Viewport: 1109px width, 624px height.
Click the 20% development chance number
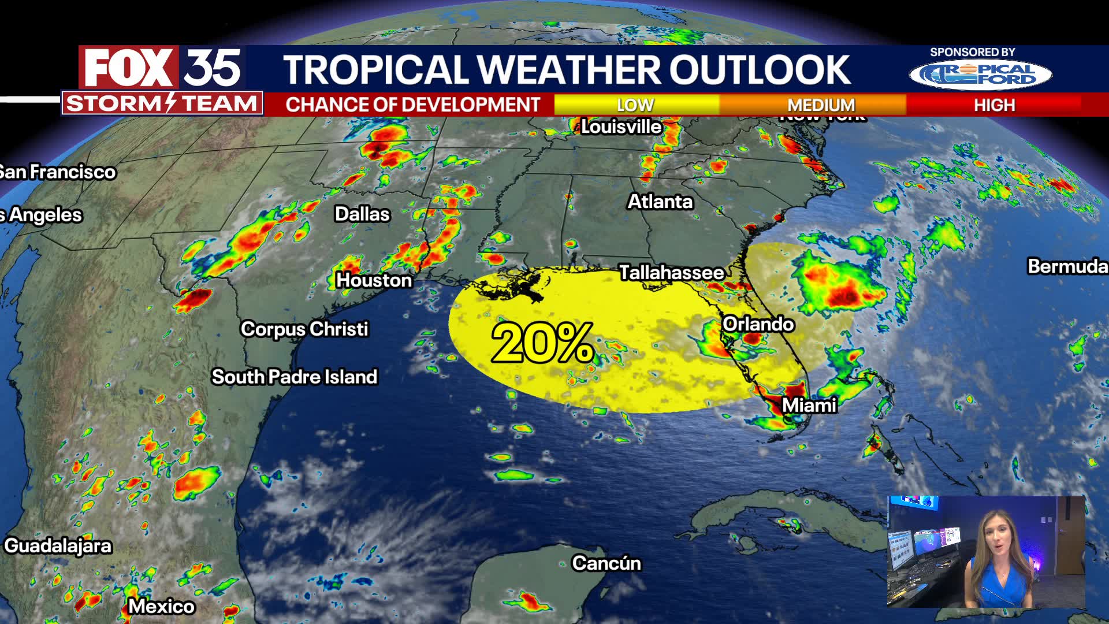tap(542, 343)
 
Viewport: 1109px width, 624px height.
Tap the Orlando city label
tap(758, 324)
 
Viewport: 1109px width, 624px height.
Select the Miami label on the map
tap(809, 406)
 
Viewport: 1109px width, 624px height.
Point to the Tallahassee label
tap(671, 273)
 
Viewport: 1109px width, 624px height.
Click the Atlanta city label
tap(660, 202)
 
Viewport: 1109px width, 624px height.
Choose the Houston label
tap(374, 280)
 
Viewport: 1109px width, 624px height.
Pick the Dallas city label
tap(362, 214)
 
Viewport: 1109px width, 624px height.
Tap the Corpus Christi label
tap(304, 329)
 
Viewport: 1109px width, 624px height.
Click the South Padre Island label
tap(294, 377)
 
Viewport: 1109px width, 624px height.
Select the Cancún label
tap(606, 563)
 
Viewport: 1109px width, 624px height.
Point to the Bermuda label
tap(1067, 266)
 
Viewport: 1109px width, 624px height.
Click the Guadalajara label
tap(58, 546)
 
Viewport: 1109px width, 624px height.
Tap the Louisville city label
tap(621, 127)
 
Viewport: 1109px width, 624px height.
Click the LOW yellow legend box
tap(636, 105)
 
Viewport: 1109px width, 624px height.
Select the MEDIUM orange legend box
tap(821, 105)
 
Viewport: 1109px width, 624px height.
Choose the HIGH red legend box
tap(994, 105)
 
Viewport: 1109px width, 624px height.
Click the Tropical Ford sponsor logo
tap(981, 75)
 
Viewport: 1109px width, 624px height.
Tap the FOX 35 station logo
tap(162, 68)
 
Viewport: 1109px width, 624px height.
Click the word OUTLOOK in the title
tap(760, 70)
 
